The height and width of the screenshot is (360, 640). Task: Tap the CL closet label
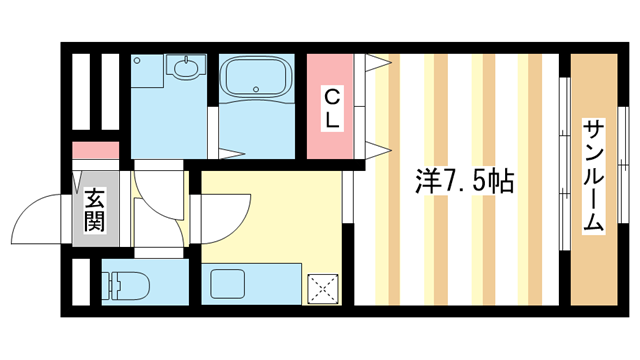coord(333,107)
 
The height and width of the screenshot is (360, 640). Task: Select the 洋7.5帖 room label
coord(465,181)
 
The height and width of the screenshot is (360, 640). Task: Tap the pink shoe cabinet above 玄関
coord(95,151)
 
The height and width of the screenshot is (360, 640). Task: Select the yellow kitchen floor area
coord(270,215)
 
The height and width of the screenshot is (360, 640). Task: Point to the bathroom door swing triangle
coord(232,153)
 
